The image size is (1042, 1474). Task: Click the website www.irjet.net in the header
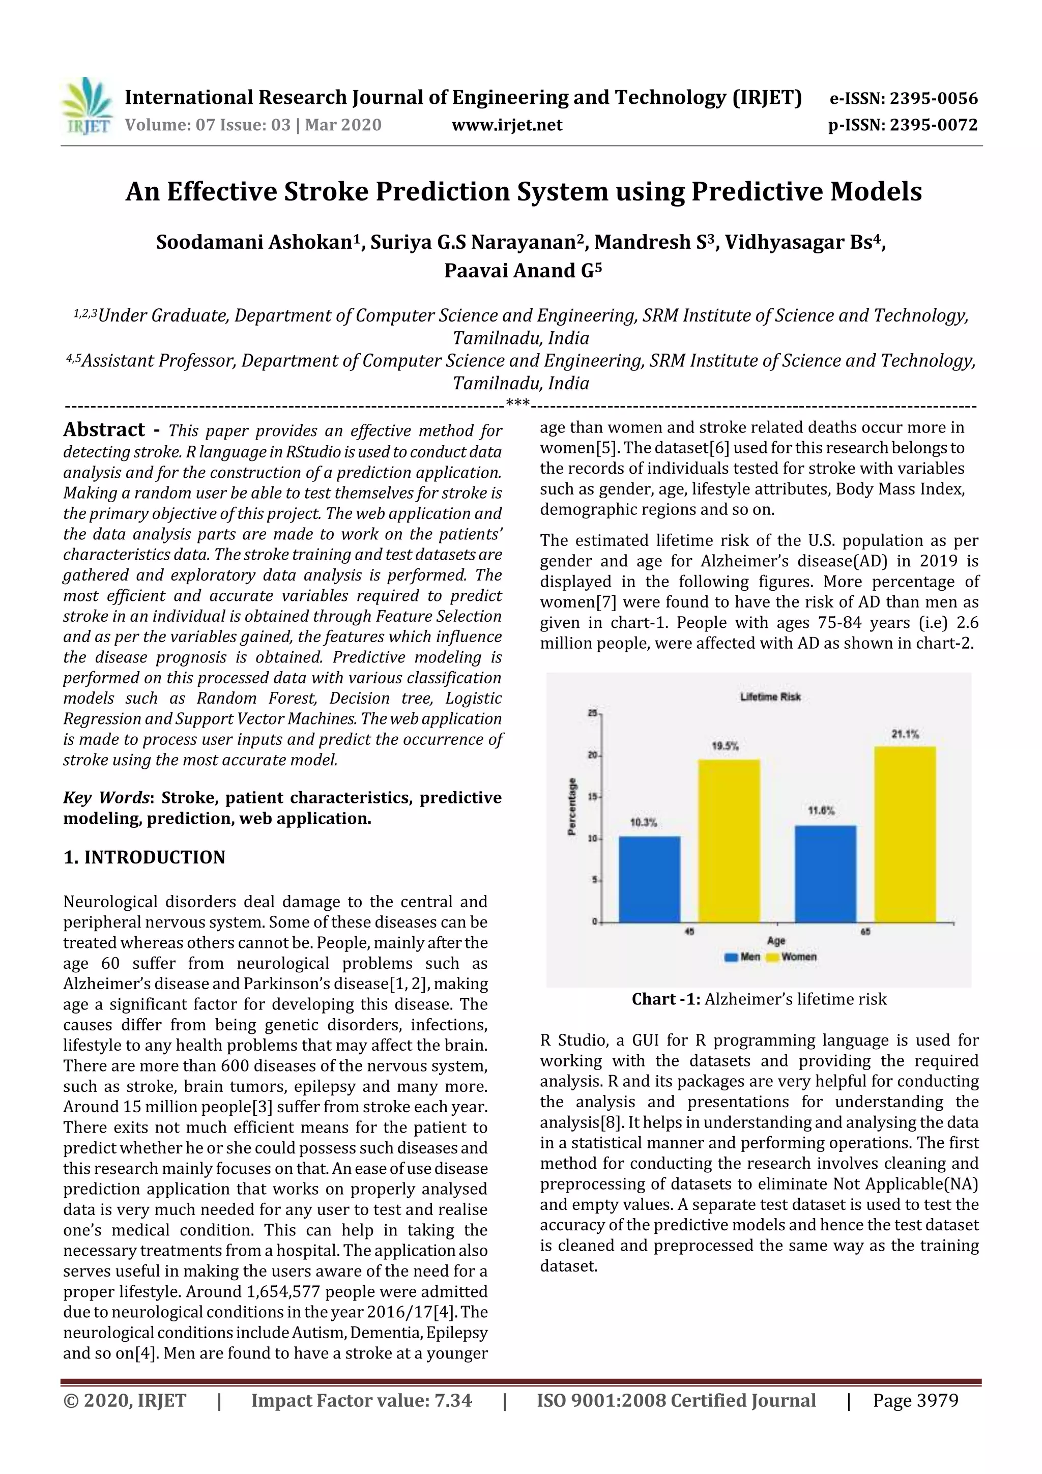point(507,125)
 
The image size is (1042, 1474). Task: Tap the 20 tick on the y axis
point(593,755)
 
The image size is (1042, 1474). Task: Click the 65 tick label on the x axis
point(865,932)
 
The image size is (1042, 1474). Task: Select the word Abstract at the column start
point(104,429)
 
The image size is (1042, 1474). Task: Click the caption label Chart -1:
point(666,999)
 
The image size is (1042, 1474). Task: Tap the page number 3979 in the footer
point(937,1400)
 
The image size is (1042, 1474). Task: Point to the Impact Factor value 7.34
point(453,1400)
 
